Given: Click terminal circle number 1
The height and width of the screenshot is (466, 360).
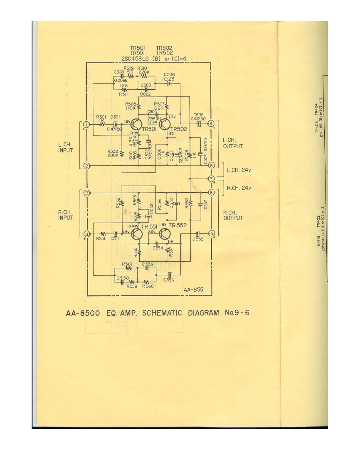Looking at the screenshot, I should (86, 124).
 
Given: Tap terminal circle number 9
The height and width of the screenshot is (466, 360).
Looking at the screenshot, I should (211, 123).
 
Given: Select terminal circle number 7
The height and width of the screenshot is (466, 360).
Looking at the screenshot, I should (211, 179).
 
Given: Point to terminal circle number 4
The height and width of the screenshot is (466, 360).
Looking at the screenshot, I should (86, 234).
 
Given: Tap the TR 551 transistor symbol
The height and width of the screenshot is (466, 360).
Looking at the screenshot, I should (136, 234).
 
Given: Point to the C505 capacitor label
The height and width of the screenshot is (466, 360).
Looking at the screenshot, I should (198, 115).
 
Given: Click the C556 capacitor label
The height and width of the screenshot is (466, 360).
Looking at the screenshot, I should (169, 280).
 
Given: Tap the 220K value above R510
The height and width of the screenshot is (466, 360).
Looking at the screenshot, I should (144, 71).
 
